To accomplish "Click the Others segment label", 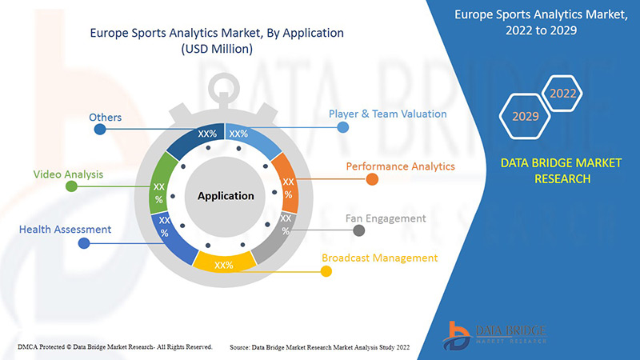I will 106,118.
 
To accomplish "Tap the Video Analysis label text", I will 68,174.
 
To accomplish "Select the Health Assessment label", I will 66,230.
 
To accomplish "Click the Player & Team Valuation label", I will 387,114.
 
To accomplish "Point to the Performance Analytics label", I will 400,166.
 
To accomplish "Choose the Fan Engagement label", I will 386,218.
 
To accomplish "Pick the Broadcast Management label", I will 380,258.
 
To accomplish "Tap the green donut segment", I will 160,190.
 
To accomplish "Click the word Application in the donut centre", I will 226,195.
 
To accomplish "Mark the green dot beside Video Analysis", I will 71,186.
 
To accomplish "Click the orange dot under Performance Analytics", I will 372,180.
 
